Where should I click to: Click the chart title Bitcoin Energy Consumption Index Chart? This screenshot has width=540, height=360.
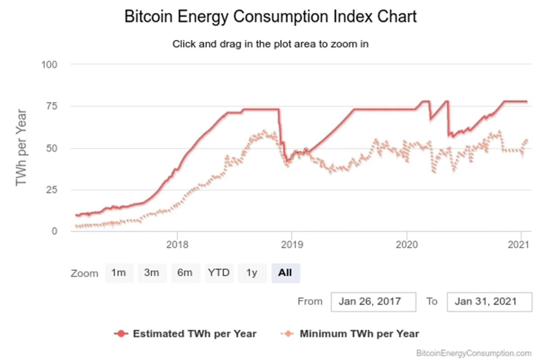[x=270, y=17]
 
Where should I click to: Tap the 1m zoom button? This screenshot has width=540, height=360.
[x=119, y=273]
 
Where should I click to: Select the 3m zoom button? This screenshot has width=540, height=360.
[x=152, y=273]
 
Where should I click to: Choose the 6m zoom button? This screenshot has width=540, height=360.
[x=185, y=273]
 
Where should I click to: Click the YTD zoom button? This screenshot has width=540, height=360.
[x=219, y=273]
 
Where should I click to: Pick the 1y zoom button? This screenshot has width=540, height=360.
[x=252, y=273]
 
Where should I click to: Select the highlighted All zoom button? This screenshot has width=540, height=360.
[x=285, y=273]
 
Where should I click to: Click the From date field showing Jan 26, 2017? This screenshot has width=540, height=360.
[x=373, y=301]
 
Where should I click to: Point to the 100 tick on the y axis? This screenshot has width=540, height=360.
[x=49, y=65]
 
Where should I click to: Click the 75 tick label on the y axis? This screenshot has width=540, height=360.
[x=52, y=106]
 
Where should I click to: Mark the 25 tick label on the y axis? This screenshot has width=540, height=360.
[x=52, y=190]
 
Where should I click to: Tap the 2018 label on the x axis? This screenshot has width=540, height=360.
[x=177, y=245]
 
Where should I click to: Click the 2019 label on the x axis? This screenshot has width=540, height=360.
[x=292, y=245]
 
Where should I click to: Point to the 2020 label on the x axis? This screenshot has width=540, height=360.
[x=407, y=245]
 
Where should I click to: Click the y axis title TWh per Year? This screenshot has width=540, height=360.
[x=21, y=148]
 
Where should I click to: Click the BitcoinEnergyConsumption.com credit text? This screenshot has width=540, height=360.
[x=474, y=353]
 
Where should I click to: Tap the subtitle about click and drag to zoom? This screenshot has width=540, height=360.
[x=270, y=44]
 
